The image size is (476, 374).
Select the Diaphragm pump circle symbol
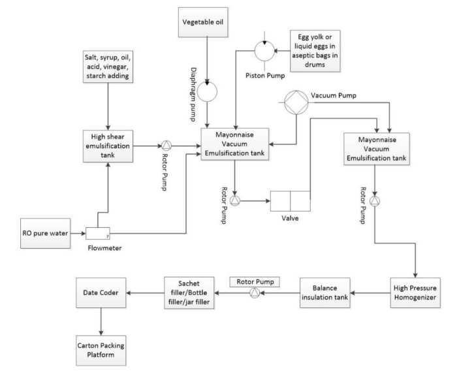208,91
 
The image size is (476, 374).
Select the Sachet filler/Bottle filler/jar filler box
189,292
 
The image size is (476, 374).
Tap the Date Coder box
102,292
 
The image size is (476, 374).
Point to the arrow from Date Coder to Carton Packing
102,319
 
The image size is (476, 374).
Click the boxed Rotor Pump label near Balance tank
253,281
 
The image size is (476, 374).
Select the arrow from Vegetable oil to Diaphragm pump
208,59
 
